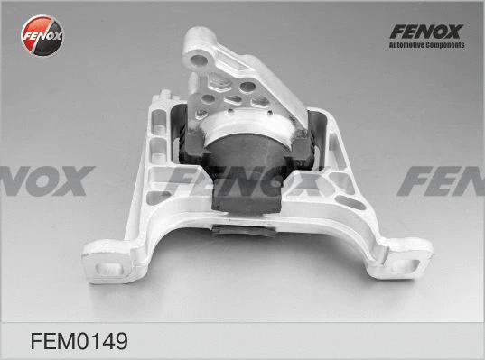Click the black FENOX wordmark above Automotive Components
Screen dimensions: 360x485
(x=425, y=32)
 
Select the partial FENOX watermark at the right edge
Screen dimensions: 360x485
(x=443, y=180)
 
